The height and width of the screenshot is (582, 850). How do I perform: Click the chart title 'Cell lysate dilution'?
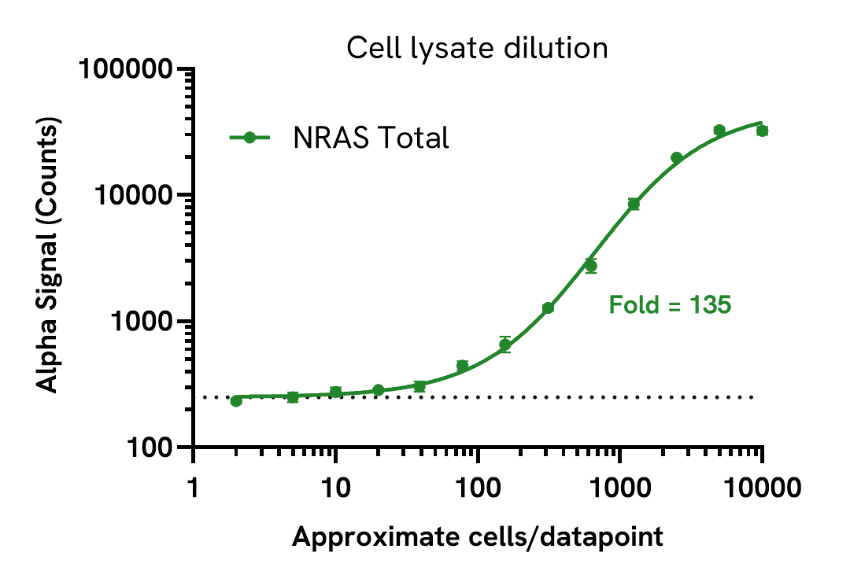pyautogui.click(x=477, y=49)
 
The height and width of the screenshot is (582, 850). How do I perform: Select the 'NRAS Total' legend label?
pyautogui.click(x=371, y=138)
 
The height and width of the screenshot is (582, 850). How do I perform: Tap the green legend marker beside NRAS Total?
pyautogui.click(x=249, y=138)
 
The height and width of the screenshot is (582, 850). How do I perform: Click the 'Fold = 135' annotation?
pyautogui.click(x=670, y=304)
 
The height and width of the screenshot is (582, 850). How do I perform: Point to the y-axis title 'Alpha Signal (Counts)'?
pyautogui.click(x=49, y=256)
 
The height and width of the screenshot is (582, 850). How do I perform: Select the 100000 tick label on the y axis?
pyautogui.click(x=126, y=70)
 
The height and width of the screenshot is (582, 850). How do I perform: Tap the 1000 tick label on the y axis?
pyautogui.click(x=142, y=322)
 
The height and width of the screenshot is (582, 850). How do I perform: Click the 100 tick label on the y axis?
pyautogui.click(x=150, y=448)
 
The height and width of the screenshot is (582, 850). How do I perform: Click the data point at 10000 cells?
pyautogui.click(x=762, y=131)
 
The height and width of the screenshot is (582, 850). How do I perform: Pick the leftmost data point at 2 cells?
pyautogui.click(x=236, y=401)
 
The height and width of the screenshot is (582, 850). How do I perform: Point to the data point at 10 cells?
pyautogui.click(x=335, y=392)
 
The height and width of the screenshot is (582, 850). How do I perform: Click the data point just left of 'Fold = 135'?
pyautogui.click(x=590, y=266)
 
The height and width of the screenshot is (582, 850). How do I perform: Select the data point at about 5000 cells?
pyautogui.click(x=719, y=130)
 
